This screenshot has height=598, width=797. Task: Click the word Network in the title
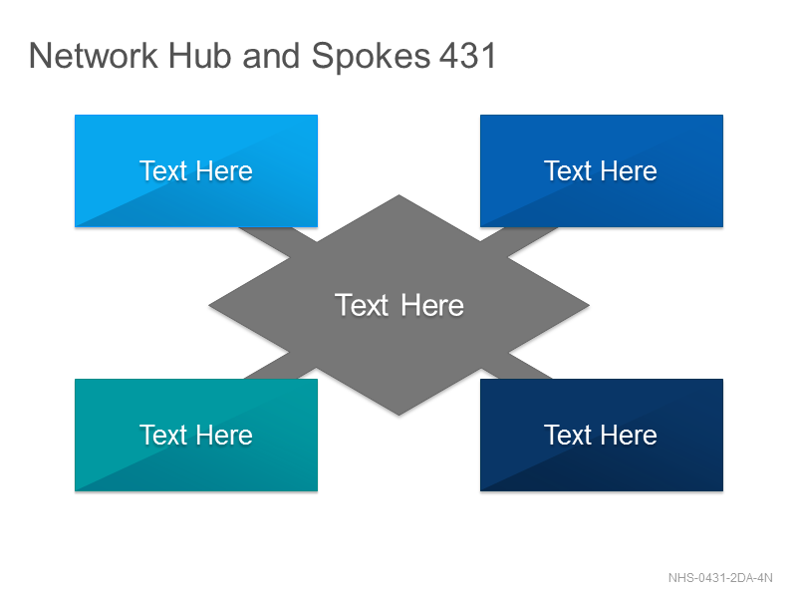(94, 56)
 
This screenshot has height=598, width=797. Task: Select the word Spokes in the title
(371, 57)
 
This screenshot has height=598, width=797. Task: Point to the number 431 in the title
(467, 56)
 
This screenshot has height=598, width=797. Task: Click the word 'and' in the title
(271, 56)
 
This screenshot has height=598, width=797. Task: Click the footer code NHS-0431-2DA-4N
(720, 578)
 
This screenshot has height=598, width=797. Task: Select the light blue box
(196, 170)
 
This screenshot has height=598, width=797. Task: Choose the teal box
(196, 435)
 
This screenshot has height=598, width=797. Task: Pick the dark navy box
(602, 435)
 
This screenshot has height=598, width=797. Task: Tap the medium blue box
(602, 170)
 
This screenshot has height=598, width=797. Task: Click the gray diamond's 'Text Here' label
(399, 305)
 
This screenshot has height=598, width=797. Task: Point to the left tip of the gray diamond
(209, 306)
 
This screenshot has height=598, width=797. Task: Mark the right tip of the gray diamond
(589, 306)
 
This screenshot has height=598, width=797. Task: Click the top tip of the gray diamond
(399, 195)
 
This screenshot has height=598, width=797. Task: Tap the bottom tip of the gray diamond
(399, 416)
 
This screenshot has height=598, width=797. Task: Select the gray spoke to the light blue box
(278, 242)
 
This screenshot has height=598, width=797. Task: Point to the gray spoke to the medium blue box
(519, 242)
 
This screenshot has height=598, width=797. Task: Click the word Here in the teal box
(224, 436)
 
